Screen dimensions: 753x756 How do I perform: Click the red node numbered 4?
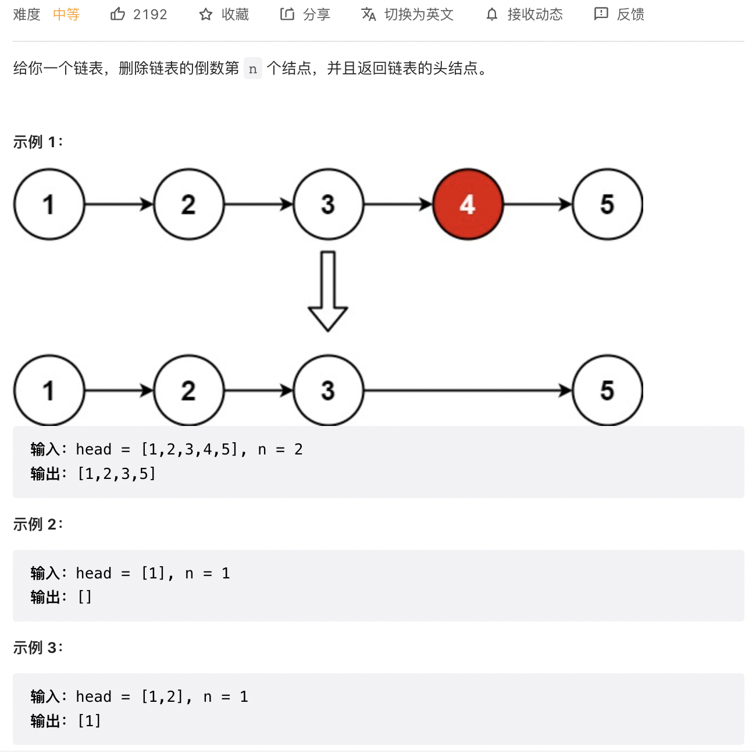click(x=468, y=204)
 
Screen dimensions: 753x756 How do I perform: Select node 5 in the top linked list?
click(x=607, y=204)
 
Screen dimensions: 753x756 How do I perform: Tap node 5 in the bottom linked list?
click(x=607, y=390)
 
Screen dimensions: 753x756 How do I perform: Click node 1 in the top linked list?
click(x=49, y=204)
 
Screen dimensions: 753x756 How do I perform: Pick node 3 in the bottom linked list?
click(x=328, y=390)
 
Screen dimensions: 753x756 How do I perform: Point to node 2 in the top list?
click(x=188, y=204)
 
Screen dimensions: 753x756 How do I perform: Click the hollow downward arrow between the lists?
click(x=328, y=291)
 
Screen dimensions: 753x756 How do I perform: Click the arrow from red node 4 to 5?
click(x=537, y=204)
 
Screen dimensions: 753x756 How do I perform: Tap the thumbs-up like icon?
click(x=117, y=14)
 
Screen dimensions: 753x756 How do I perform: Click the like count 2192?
click(x=150, y=15)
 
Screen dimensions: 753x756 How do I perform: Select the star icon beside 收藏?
click(x=206, y=15)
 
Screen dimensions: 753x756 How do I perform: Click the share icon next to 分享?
click(x=287, y=14)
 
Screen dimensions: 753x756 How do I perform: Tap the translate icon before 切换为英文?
click(x=369, y=14)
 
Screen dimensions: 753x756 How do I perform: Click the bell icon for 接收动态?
click(x=492, y=15)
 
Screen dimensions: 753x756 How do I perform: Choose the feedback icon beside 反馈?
click(x=601, y=14)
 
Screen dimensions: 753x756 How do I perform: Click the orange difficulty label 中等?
click(x=66, y=15)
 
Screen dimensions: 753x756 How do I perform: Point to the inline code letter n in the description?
click(x=253, y=69)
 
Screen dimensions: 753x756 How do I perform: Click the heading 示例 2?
click(x=37, y=524)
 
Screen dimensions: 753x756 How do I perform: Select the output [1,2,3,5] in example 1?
click(x=116, y=474)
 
